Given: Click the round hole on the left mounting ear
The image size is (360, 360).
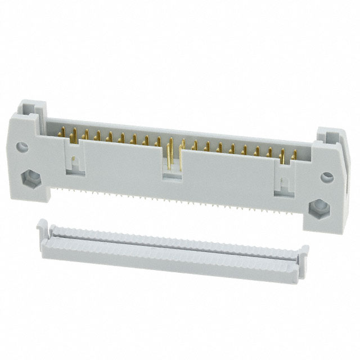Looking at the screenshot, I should click(x=22, y=148).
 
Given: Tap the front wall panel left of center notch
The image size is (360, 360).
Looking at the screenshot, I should click(x=121, y=163).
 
